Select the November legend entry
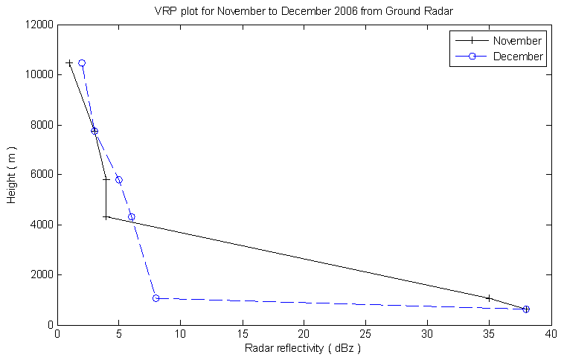coord(520,40)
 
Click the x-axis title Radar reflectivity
coord(304,348)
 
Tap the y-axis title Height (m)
coord(11,175)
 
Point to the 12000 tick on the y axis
coord(37,25)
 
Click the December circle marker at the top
coord(82,63)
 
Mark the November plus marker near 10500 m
coord(70,63)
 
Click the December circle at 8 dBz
coord(156,298)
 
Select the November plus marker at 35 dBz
coord(489,298)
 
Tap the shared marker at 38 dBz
coord(526,309)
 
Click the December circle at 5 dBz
coord(119,180)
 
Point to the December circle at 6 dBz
coord(132,217)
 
